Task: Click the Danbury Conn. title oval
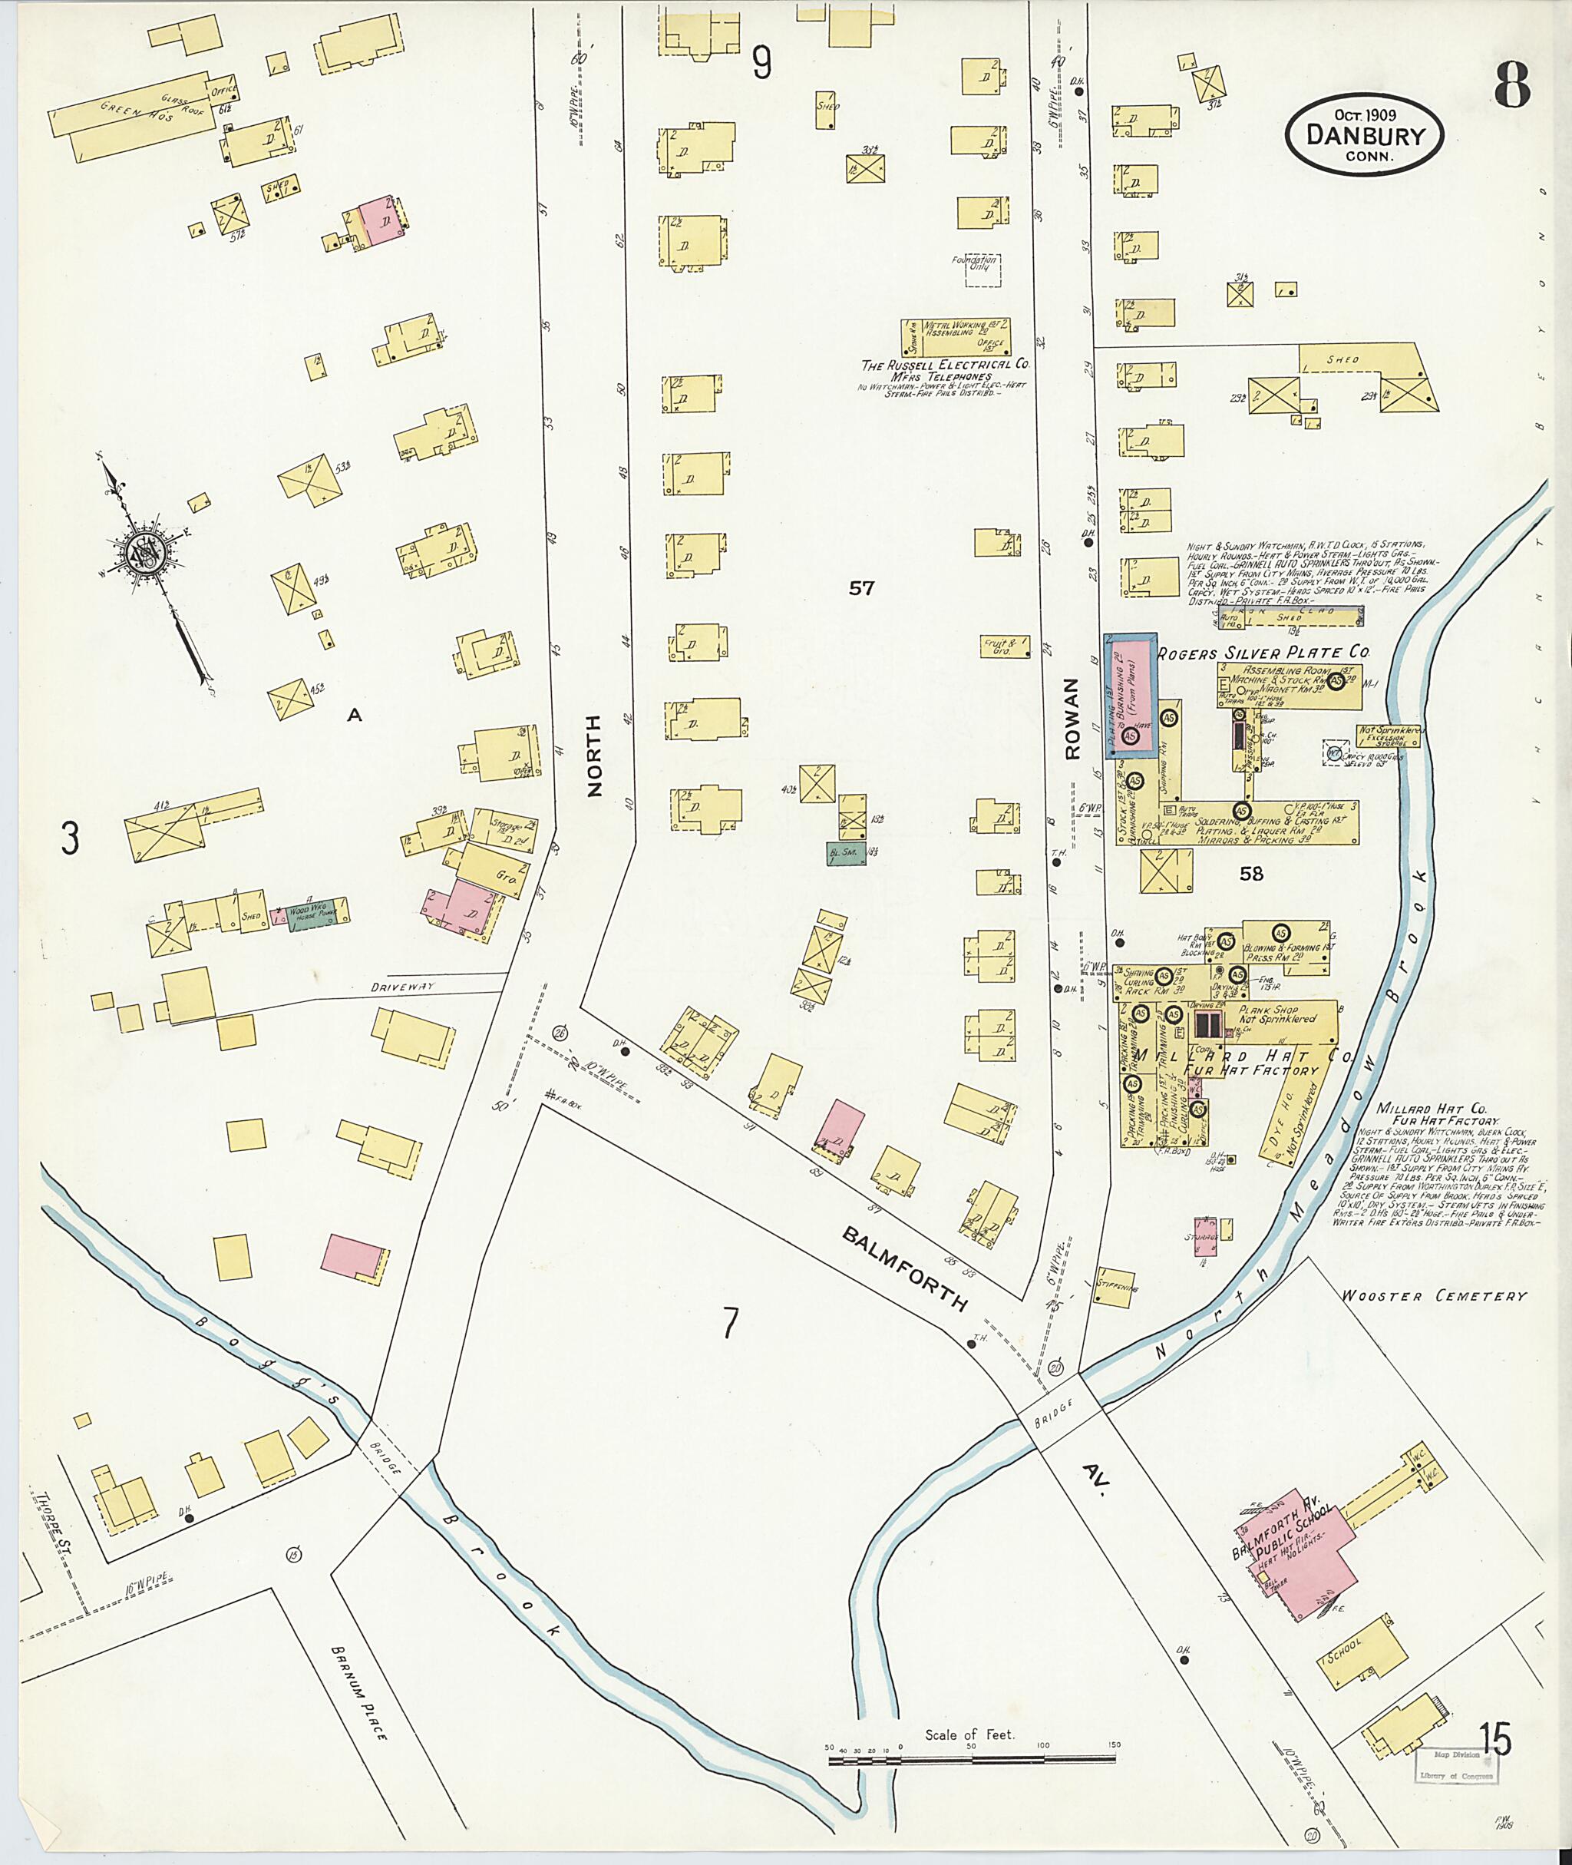pos(1364,134)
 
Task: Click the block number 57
pos(861,588)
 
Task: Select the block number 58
pos(1251,875)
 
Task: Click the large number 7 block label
pos(730,1324)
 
